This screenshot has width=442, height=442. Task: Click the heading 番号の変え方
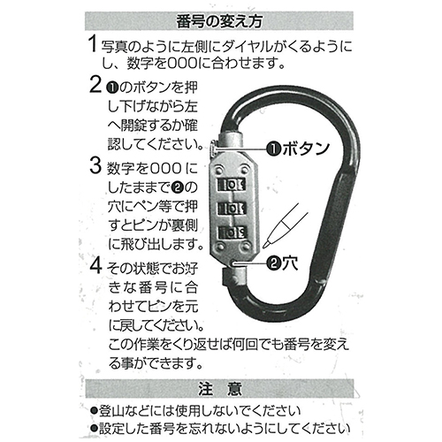(219, 21)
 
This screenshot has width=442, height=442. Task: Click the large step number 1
(93, 43)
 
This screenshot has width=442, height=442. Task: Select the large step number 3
(95, 165)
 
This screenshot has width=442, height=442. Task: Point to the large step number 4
(95, 265)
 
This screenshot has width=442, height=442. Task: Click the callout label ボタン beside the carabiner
(306, 149)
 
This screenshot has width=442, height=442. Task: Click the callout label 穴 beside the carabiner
(290, 263)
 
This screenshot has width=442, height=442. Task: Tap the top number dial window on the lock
(232, 185)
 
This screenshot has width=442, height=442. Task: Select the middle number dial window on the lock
(232, 209)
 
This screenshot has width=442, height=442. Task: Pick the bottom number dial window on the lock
(232, 232)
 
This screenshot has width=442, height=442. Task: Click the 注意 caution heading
(220, 389)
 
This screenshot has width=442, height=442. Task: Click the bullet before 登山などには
(95, 410)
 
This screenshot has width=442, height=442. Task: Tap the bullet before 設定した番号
(95, 428)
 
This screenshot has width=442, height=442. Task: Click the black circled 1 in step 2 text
(113, 88)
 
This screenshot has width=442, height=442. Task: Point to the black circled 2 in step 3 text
(178, 187)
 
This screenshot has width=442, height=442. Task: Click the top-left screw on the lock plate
(218, 170)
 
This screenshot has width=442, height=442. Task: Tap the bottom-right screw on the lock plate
(245, 247)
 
